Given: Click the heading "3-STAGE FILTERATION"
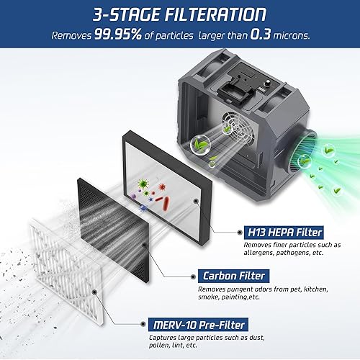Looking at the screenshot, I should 179,14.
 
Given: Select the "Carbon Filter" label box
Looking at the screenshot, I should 233,275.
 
